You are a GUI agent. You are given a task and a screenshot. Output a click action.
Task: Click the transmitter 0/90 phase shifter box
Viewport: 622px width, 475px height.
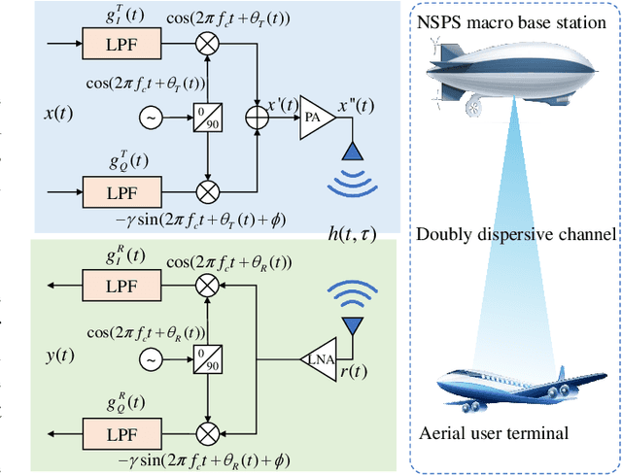[x=206, y=119]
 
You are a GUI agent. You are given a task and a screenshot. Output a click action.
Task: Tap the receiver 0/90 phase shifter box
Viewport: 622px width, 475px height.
[x=206, y=359]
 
